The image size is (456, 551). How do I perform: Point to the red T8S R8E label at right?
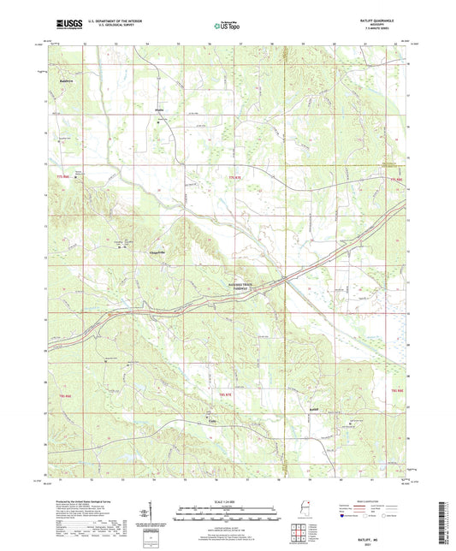coord(398,390)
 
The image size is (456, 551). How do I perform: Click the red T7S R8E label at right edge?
coord(394,179)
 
